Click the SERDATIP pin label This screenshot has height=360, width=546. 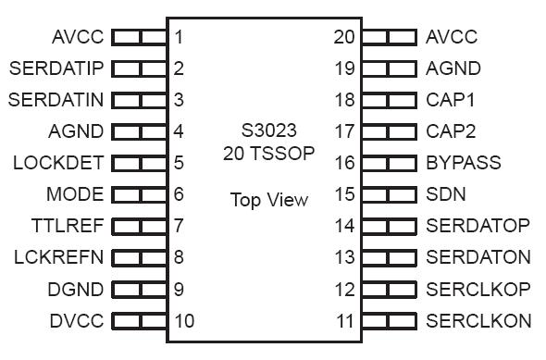[x=56, y=68]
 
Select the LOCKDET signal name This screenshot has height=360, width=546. [x=58, y=163]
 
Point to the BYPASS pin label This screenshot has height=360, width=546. [x=464, y=163]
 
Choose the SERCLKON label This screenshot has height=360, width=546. [x=478, y=321]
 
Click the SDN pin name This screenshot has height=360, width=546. [x=445, y=194]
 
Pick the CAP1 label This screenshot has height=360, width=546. [x=451, y=100]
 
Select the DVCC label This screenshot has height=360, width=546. [x=76, y=321]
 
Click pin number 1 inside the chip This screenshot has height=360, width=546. [x=179, y=37]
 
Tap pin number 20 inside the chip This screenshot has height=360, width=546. [x=344, y=37]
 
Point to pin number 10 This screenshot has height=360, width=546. [x=183, y=321]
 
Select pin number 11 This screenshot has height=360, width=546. [x=344, y=321]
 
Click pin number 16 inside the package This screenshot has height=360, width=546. [x=344, y=163]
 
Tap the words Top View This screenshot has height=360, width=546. [x=268, y=200]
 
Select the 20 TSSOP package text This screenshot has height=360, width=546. [x=268, y=154]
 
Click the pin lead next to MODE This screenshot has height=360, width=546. [x=140, y=194]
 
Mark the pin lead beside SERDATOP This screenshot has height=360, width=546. [x=389, y=226]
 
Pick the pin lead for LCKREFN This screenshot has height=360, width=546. [x=140, y=257]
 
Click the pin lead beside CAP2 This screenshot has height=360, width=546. [x=389, y=131]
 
